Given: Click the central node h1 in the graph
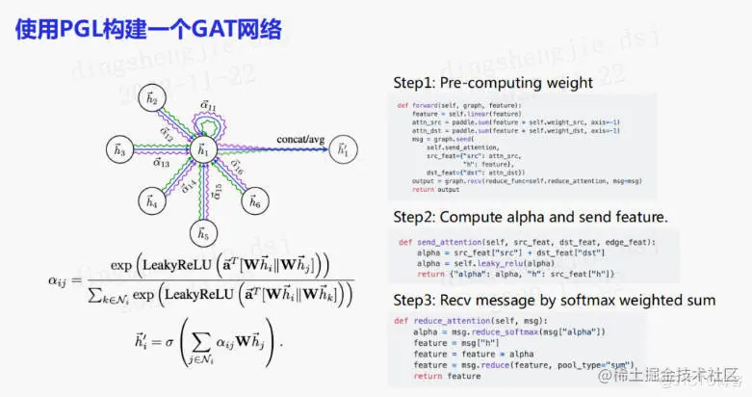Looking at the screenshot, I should pos(202,150).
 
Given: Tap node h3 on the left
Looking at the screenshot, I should pos(119,150).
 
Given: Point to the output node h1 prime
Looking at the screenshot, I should pos(342,150).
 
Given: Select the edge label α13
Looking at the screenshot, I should pos(161,164).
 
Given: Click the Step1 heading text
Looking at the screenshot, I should pos(495,83).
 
